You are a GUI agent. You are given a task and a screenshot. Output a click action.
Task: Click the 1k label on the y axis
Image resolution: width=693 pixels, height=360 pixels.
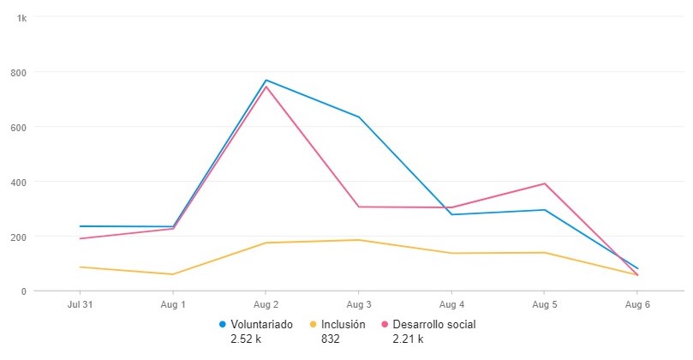coord(21,17)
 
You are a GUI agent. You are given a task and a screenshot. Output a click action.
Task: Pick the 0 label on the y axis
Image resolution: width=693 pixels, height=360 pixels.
coord(24,291)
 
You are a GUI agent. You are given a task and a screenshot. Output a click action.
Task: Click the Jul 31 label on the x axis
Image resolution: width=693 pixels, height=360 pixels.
coord(80,304)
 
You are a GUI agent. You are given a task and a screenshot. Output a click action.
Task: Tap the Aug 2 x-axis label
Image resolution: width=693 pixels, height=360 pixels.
coord(266,304)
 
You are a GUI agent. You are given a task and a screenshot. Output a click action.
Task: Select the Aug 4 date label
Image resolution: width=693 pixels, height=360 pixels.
coord(451,304)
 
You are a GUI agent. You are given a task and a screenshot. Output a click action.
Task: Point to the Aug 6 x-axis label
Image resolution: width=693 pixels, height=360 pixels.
coord(637,304)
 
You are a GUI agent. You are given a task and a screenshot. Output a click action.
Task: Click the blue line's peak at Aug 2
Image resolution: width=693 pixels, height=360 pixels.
coord(266,80)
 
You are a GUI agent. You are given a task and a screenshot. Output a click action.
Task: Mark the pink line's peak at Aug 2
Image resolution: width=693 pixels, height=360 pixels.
coord(266,87)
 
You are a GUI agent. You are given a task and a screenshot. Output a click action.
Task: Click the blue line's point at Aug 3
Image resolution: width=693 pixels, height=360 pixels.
coord(359,117)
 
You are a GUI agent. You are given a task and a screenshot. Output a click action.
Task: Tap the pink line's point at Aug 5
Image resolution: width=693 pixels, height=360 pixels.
coord(545,183)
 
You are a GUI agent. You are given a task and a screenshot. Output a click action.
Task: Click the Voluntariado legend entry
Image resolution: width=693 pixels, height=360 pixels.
coord(262,325)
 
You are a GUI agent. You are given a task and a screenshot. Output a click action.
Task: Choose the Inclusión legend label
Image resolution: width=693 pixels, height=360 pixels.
coord(344,325)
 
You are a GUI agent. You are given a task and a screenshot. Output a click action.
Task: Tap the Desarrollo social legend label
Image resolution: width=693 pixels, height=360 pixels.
coord(433,325)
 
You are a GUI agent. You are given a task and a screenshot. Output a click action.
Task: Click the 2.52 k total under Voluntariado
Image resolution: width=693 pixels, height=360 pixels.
coord(249,339)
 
